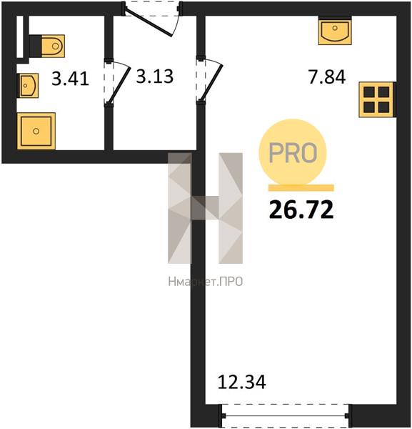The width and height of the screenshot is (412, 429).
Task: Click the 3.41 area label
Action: (70, 79)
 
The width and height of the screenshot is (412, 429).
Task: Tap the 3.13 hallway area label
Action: (155, 76)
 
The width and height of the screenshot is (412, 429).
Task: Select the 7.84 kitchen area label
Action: (327, 77)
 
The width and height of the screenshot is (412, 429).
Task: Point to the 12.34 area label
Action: (241, 382)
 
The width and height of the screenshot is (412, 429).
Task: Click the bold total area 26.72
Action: (301, 209)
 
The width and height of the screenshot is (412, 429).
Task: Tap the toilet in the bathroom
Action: (47, 46)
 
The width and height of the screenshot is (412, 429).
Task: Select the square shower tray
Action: (36, 132)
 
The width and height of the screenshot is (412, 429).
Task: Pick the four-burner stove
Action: (377, 99)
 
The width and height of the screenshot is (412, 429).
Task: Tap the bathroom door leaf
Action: (119, 85)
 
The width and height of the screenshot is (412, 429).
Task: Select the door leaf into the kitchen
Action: (212, 83)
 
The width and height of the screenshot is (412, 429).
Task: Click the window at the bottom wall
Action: (285, 416)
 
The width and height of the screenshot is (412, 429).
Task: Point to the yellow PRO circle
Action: (293, 152)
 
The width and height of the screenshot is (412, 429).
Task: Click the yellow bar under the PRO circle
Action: (301, 187)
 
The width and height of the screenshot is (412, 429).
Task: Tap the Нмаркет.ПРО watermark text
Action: (206, 282)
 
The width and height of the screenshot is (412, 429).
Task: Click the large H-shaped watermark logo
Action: (205, 208)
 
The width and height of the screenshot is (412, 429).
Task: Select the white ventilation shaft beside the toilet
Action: (20, 37)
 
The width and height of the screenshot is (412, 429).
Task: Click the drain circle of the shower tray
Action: (36, 131)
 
